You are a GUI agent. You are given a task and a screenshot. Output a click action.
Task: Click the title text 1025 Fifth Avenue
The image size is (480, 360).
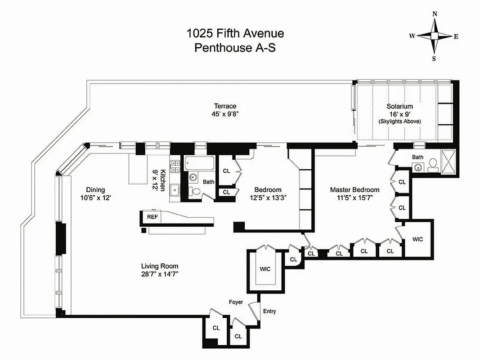[x=235, y=33]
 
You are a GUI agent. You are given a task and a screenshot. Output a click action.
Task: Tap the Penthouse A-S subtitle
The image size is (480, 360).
[x=235, y=48]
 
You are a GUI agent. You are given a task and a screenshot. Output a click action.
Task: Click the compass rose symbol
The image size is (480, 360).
[x=434, y=36]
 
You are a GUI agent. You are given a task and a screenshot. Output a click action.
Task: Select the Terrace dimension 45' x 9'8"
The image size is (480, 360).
[x=225, y=114]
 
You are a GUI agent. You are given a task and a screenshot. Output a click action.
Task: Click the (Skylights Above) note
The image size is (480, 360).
[x=399, y=121]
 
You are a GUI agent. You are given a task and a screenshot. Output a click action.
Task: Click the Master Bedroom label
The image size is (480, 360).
[x=354, y=189]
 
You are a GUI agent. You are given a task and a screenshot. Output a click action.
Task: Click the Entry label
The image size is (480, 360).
[x=269, y=311]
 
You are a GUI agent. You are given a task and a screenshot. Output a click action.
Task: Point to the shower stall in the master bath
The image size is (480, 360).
[x=448, y=163]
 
